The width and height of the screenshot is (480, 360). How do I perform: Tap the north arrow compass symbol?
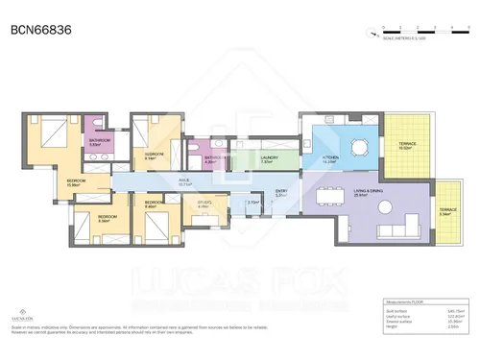[369, 32]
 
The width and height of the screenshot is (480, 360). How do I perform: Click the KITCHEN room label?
[330, 157]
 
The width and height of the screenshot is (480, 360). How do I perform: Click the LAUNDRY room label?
[269, 158]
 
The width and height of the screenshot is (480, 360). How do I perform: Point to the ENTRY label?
[281, 192]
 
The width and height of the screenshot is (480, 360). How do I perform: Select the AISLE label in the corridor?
[183, 179]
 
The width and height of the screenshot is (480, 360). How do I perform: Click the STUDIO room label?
[204, 203]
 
